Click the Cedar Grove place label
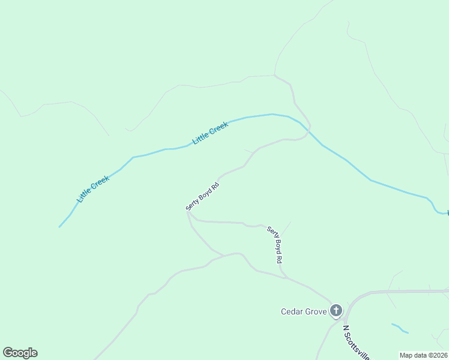click(304, 311)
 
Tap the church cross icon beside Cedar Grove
click(336, 311)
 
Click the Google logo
click(20, 353)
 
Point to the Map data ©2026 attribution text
click(424, 355)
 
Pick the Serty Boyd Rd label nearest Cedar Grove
click(274, 245)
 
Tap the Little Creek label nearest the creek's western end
click(93, 188)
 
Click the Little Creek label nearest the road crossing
click(210, 133)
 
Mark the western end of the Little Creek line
click(59, 227)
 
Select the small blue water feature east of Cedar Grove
click(400, 328)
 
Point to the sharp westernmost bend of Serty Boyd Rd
click(187, 211)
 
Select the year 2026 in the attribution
click(440, 355)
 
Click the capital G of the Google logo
click(8, 353)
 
